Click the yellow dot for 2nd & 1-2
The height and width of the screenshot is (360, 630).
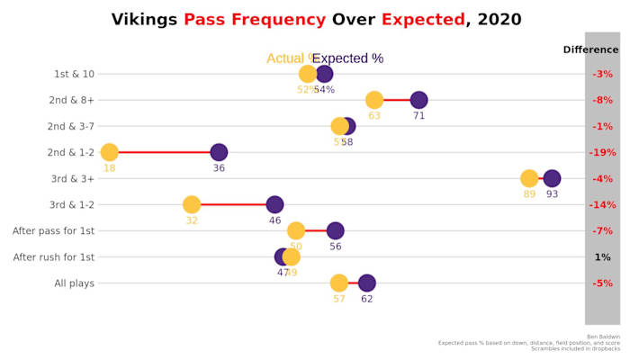(109, 152)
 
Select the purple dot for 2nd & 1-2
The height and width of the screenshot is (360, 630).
(219, 152)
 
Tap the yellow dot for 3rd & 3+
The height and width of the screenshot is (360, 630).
(529, 178)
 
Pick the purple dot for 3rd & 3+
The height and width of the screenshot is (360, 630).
(552, 178)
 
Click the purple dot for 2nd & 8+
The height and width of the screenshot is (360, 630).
(418, 100)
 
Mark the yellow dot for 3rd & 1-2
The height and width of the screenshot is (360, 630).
(191, 204)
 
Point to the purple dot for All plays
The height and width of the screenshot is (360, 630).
(366, 283)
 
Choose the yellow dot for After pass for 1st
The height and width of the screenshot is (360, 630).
(296, 230)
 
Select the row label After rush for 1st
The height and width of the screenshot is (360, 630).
(53, 257)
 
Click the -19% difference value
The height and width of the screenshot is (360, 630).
(602, 153)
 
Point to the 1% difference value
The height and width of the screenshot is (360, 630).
(602, 257)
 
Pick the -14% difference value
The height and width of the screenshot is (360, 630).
(602, 205)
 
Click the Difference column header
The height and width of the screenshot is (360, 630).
(590, 49)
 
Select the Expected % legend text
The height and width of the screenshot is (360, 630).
(347, 58)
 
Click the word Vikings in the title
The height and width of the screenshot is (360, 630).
(144, 20)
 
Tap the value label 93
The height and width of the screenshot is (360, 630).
(552, 193)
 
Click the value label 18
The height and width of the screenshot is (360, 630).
(109, 167)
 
